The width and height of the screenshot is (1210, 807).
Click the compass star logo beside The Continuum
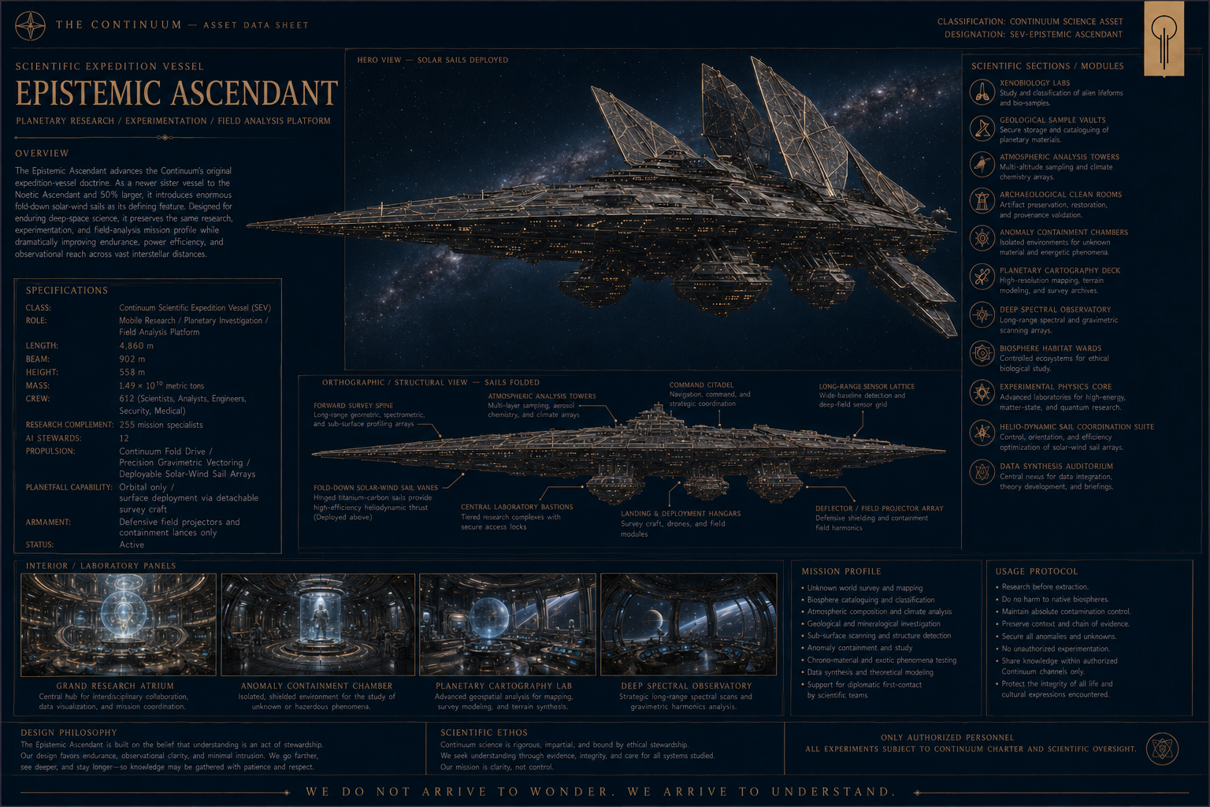click(30, 25)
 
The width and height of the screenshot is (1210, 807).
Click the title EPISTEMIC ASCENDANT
click(176, 93)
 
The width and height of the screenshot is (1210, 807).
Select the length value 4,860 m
click(136, 345)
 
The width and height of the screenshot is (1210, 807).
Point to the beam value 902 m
click(132, 359)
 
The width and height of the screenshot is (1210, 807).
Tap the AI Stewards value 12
click(124, 438)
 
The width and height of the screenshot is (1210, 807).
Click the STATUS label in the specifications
click(39, 545)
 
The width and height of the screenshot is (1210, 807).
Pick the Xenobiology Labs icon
click(982, 92)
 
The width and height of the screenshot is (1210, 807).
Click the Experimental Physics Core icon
click(982, 392)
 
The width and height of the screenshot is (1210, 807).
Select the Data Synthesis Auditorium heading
click(1056, 466)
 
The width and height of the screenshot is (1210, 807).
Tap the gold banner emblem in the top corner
click(1164, 39)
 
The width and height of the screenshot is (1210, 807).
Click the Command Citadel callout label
click(701, 385)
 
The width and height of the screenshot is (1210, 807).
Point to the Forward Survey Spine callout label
click(353, 405)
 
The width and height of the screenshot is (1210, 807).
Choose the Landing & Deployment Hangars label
click(681, 514)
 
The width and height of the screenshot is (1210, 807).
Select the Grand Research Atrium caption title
click(115, 686)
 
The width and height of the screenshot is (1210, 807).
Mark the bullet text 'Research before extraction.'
click(1045, 586)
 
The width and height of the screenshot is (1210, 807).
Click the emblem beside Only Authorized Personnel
click(1162, 749)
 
